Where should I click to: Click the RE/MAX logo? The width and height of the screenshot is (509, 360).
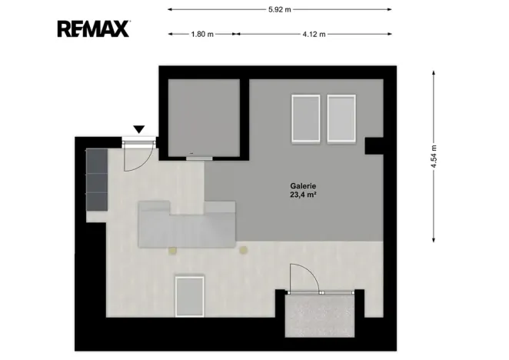[x=94, y=29]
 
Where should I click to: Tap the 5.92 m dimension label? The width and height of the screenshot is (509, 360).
[x=280, y=9]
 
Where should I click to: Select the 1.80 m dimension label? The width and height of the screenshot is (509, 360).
[x=202, y=34]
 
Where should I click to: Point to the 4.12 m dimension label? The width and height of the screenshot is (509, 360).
[x=314, y=34]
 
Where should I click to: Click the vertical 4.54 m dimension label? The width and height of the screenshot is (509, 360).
[x=434, y=156]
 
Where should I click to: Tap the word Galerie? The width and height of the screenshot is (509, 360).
[x=303, y=186]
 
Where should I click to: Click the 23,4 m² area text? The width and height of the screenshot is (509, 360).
[x=303, y=195]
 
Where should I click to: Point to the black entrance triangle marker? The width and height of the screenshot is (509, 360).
[x=139, y=129]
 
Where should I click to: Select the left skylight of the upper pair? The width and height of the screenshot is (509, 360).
[x=306, y=118]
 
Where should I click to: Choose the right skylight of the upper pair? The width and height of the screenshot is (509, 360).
[x=341, y=118]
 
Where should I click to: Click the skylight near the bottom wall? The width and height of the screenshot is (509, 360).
[x=190, y=296]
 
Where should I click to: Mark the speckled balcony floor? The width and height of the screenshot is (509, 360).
[x=320, y=316]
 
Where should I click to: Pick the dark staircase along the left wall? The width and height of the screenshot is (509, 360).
[x=97, y=180]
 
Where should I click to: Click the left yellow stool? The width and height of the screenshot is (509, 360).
[x=172, y=250]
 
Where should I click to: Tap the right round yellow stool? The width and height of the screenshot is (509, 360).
[x=244, y=250]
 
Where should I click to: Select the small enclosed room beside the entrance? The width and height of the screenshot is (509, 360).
[x=204, y=118]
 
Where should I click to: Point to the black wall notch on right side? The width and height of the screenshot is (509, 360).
[x=374, y=146]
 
